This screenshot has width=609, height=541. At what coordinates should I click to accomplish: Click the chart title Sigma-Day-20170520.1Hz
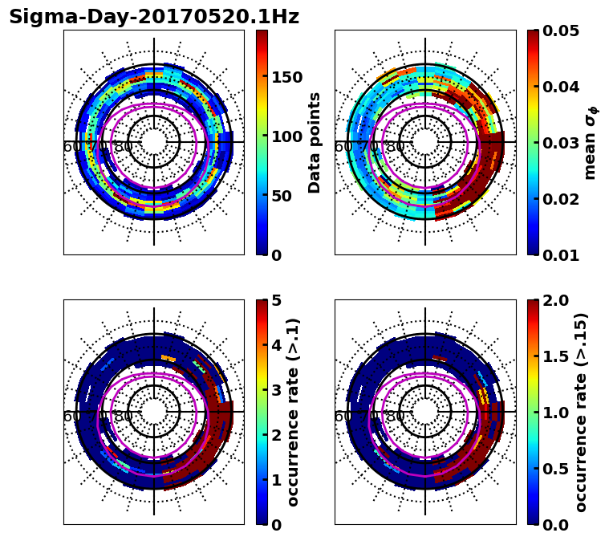154,17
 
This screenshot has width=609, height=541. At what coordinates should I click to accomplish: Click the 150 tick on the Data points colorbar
286,77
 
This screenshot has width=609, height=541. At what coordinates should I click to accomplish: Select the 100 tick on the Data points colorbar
286,136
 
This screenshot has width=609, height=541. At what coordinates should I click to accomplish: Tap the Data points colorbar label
315,142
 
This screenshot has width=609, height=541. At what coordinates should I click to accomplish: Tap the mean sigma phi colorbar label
591,143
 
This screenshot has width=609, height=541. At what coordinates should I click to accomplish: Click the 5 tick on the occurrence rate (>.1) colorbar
277,300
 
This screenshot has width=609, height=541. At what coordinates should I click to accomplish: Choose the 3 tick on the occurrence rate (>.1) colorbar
277,390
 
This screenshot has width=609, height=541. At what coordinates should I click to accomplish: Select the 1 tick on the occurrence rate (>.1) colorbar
277,480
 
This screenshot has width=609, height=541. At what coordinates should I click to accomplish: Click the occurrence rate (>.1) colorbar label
294,412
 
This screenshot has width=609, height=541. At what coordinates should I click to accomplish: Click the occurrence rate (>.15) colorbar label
581,412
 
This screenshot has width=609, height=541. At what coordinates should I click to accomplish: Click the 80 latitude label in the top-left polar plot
124,147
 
